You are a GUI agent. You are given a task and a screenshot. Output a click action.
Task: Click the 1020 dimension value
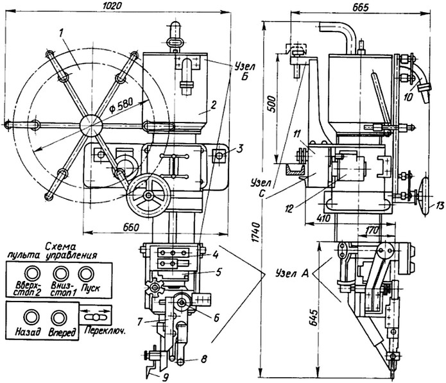click(112, 6)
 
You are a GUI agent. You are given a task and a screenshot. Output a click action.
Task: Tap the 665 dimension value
click(360, 7)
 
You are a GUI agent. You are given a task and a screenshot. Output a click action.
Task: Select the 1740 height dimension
click(255, 232)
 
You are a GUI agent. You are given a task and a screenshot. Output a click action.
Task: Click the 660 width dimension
click(131, 227)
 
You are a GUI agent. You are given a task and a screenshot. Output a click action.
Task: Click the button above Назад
click(31, 317)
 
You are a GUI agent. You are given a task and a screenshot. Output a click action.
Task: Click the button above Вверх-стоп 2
click(32, 273)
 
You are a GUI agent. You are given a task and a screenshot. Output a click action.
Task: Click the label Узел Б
click(245, 71)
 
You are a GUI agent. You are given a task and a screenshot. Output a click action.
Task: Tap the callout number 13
click(439, 205)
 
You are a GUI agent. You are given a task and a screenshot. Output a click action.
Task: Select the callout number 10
click(408, 98)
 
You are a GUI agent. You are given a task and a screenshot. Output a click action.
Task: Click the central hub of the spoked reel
click(90, 125)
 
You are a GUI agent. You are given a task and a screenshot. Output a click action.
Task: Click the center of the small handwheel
click(148, 195)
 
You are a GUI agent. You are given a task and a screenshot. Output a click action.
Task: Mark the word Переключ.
click(105, 330)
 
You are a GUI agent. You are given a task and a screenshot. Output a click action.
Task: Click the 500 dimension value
click(271, 104)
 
